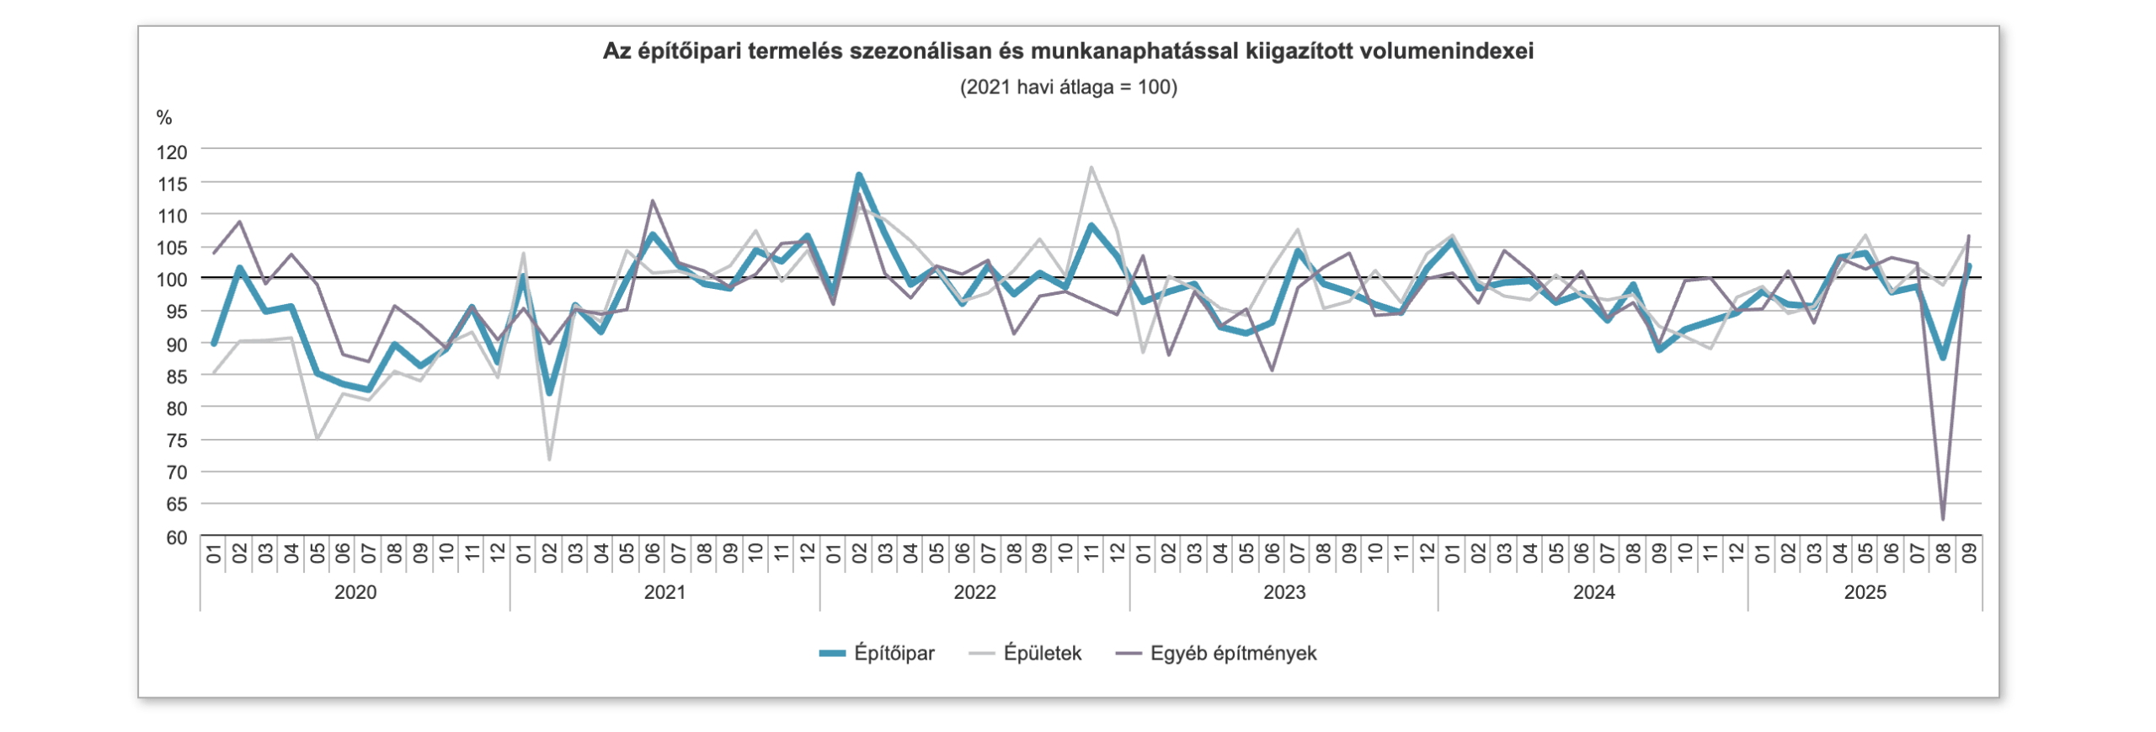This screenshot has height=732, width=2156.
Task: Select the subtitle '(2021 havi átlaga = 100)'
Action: coord(1068,87)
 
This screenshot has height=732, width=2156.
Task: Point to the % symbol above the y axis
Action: coord(164,118)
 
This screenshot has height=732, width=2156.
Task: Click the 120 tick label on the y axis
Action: coord(172,152)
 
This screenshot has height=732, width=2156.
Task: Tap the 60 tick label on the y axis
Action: coord(176,537)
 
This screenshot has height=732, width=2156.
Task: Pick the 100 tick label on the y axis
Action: coord(172,280)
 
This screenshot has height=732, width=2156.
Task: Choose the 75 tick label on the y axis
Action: coord(176,441)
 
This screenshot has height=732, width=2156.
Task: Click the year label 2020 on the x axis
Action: coord(355,592)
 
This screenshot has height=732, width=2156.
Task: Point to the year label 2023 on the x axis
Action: coord(1284,592)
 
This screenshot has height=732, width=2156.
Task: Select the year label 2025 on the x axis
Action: coord(1865,592)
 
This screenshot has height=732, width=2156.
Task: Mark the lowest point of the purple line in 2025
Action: coord(1943,519)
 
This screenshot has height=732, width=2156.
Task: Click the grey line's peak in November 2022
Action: coord(1091,167)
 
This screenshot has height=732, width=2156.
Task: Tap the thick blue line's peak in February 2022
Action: coord(859,175)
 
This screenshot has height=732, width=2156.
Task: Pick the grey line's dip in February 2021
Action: coord(549,459)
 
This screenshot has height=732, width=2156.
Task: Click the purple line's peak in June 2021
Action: coord(653,200)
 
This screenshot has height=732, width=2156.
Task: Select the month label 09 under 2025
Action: coord(1969,553)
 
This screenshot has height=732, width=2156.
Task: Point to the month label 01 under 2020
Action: coord(214,553)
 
